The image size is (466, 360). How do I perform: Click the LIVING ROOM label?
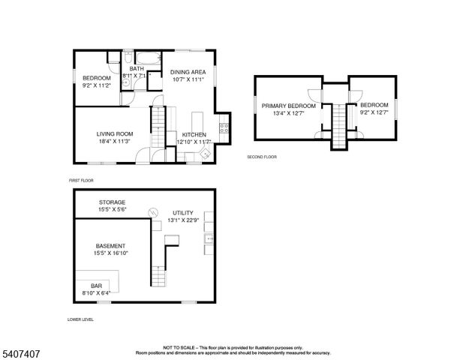click(114, 133)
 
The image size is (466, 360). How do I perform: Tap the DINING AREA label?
click(188, 73)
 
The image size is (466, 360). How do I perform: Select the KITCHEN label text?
click(194, 135)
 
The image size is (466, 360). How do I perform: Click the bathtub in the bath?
click(146, 58)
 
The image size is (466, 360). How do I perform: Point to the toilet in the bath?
click(128, 58)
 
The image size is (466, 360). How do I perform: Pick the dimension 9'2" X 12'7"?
click(374, 112)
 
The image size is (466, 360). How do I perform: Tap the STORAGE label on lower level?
click(112, 202)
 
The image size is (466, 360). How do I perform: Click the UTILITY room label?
click(182, 213)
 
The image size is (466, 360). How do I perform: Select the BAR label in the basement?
click(96, 286)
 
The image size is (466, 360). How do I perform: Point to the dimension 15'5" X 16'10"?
click(111, 253)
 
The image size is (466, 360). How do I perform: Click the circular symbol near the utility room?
click(153, 212)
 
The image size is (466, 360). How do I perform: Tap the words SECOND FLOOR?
click(262, 157)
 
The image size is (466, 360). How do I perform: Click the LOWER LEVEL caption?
click(80, 319)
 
